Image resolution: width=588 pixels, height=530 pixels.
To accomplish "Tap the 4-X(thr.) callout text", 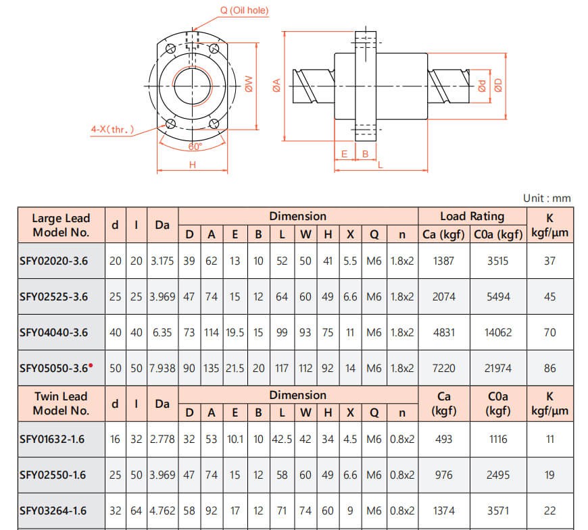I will pos(112,129).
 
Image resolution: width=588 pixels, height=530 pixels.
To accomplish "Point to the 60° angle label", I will pos(195,147).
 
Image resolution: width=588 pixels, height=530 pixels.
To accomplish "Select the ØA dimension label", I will pos(276,84).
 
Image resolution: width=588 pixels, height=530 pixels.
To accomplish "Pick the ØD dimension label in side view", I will pos(498,85).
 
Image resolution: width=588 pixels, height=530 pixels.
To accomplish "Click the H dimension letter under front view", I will pos(193,165).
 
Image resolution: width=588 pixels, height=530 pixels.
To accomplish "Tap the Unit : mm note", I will pos(547,198).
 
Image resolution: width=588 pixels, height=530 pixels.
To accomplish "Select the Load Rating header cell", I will pos(472,216).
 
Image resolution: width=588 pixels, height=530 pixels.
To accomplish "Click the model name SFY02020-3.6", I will pos(53,261).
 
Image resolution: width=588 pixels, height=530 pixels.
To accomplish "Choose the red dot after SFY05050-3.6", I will pos(91,365).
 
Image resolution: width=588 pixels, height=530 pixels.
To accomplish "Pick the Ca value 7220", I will pos(443,368).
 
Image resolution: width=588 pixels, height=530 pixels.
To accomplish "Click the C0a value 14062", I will pos(498,332).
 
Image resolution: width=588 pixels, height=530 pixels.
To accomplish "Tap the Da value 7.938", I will pos(162,368).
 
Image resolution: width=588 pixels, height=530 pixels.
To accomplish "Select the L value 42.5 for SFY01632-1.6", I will pos(282,439).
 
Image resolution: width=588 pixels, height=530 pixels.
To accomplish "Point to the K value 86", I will pos(549,368).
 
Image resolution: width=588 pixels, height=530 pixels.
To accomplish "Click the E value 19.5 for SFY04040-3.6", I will pos(235,332).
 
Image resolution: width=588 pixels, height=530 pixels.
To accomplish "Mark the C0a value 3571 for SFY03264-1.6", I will pos(498,510).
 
